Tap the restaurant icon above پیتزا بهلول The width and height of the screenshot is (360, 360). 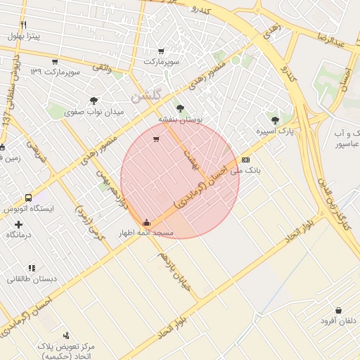(23, 25)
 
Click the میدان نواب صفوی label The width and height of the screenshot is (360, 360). (94, 112)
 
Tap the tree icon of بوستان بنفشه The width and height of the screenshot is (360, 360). (180, 108)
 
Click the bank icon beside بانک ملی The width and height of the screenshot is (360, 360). (245, 160)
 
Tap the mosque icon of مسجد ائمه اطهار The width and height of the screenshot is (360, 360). (146, 222)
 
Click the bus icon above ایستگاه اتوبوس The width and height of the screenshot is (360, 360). (28, 198)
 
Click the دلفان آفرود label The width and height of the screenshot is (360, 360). (338, 321)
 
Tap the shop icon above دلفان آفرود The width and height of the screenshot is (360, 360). (339, 310)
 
